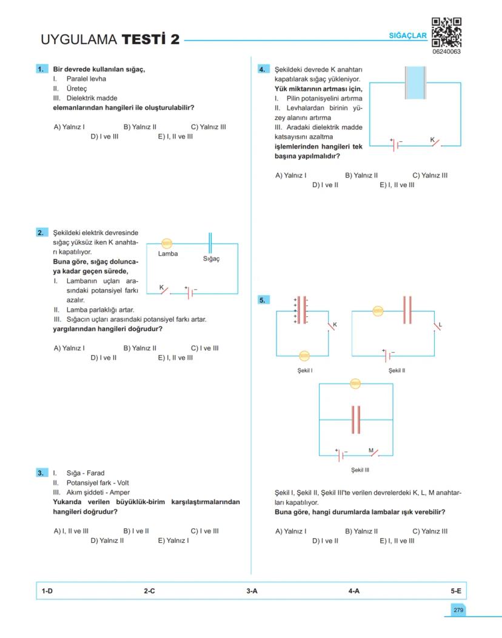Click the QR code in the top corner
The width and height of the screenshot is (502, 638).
coord(446,32)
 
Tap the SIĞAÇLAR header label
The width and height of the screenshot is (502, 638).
coord(408,36)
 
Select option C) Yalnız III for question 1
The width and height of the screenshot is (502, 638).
coord(208,127)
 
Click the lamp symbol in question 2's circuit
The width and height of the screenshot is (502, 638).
coord(166,243)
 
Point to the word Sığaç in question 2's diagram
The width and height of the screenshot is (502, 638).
coord(211,259)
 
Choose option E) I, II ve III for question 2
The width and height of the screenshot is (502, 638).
coord(175,357)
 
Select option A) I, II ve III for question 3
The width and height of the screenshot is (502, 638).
coord(71,531)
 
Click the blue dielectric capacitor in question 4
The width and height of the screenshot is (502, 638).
coord(415,82)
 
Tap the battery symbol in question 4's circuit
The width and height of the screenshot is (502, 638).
coord(397,145)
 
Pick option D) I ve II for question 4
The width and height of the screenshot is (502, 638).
coord(325,185)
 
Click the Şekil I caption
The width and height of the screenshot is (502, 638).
coord(305,370)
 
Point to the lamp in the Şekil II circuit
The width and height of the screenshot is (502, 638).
coord(378,311)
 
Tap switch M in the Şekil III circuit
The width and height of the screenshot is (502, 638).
coord(373,453)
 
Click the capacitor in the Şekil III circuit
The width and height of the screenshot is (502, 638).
coord(356,419)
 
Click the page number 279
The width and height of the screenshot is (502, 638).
coord(458,610)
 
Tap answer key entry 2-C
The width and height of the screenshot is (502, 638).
coord(149,591)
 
